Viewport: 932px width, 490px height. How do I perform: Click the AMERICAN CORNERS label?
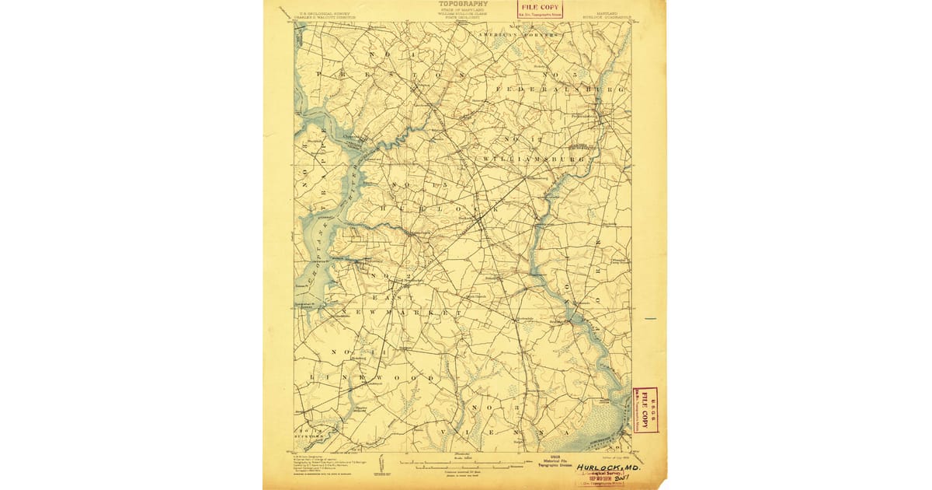pos(519,36)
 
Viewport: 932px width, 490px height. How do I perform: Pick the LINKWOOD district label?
pos(374,378)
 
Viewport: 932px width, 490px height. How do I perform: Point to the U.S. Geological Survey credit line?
pos(320,16)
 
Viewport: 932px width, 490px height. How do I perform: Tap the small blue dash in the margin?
pos(650,319)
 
